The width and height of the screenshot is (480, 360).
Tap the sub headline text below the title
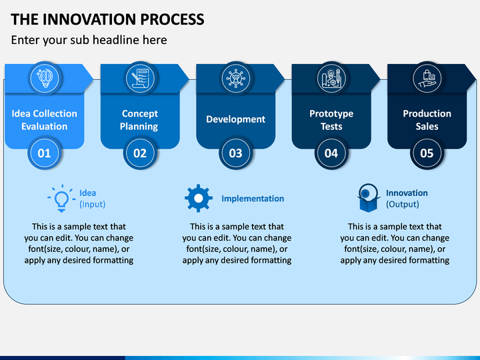click(89, 40)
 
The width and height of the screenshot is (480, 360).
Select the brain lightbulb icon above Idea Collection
click(45, 78)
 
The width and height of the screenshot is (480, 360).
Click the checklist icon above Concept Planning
click(140, 78)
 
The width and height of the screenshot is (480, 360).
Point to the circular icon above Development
click(236, 78)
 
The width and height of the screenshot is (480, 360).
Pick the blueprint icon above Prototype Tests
click(331, 78)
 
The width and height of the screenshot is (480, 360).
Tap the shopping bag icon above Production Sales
click(427, 78)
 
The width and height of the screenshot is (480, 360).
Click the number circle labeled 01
click(45, 153)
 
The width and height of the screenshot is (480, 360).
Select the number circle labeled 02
click(140, 153)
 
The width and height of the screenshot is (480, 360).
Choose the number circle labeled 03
click(236, 153)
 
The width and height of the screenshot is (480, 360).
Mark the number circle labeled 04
click(331, 153)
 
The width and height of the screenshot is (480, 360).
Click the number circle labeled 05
click(427, 153)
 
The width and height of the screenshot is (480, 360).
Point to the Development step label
click(236, 119)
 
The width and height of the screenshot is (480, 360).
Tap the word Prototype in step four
click(331, 113)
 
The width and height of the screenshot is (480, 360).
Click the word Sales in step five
click(427, 127)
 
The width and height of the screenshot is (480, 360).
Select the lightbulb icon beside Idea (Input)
click(61, 198)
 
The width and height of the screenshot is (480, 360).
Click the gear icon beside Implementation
click(199, 199)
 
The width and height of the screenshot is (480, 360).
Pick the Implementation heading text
click(253, 199)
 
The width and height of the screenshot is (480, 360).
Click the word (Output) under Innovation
click(402, 204)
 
